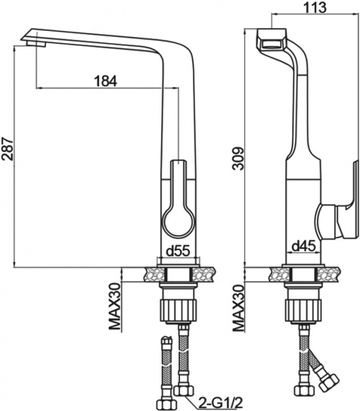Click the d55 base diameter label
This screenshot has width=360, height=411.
179,251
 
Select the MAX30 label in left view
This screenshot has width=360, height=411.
116,306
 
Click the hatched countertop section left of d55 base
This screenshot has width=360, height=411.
150,273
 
